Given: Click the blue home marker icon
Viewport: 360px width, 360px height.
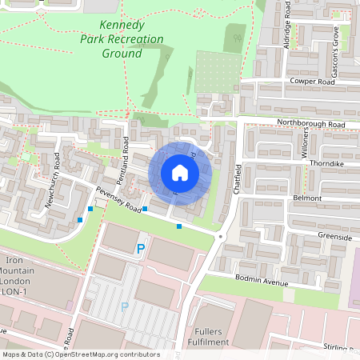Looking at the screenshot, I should tap(180, 173).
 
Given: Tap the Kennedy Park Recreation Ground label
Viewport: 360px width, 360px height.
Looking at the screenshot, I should tap(122, 39).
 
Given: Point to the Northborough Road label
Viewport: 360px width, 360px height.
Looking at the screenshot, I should tap(310, 125).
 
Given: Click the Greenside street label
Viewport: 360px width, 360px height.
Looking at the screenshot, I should tap(334, 237).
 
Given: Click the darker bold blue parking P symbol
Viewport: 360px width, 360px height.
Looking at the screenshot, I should tap(141, 250).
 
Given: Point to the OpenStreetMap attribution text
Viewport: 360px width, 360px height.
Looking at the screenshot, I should tap(81, 354).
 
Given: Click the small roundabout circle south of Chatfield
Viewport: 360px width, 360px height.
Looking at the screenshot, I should tap(221, 238).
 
